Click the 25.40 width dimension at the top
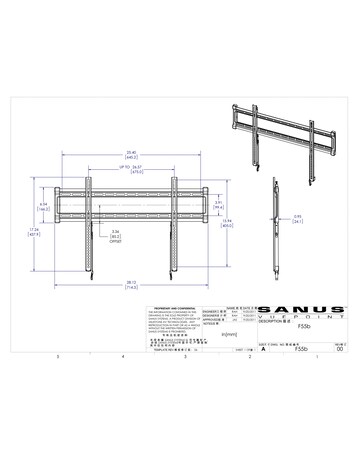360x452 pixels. [131, 153]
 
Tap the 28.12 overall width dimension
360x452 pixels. [131, 283]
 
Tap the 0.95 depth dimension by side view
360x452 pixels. [297, 218]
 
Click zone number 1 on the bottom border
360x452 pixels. [316, 357]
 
